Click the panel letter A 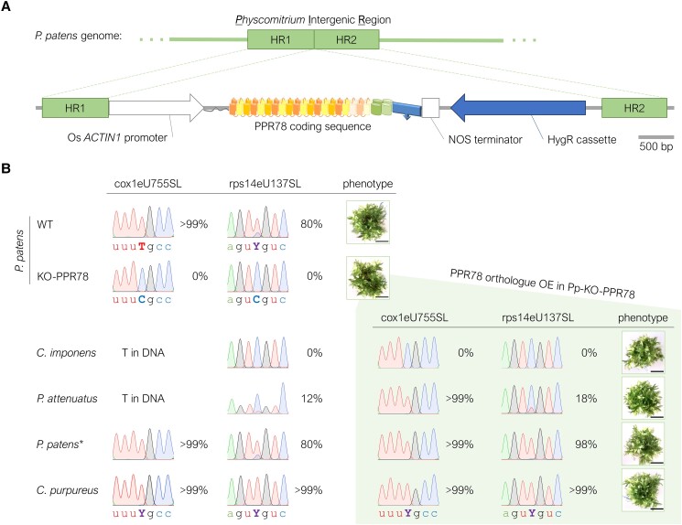(6, 7)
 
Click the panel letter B (6, 169)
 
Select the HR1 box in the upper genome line (280, 38)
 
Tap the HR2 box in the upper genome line (347, 38)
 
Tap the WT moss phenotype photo (368, 221)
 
